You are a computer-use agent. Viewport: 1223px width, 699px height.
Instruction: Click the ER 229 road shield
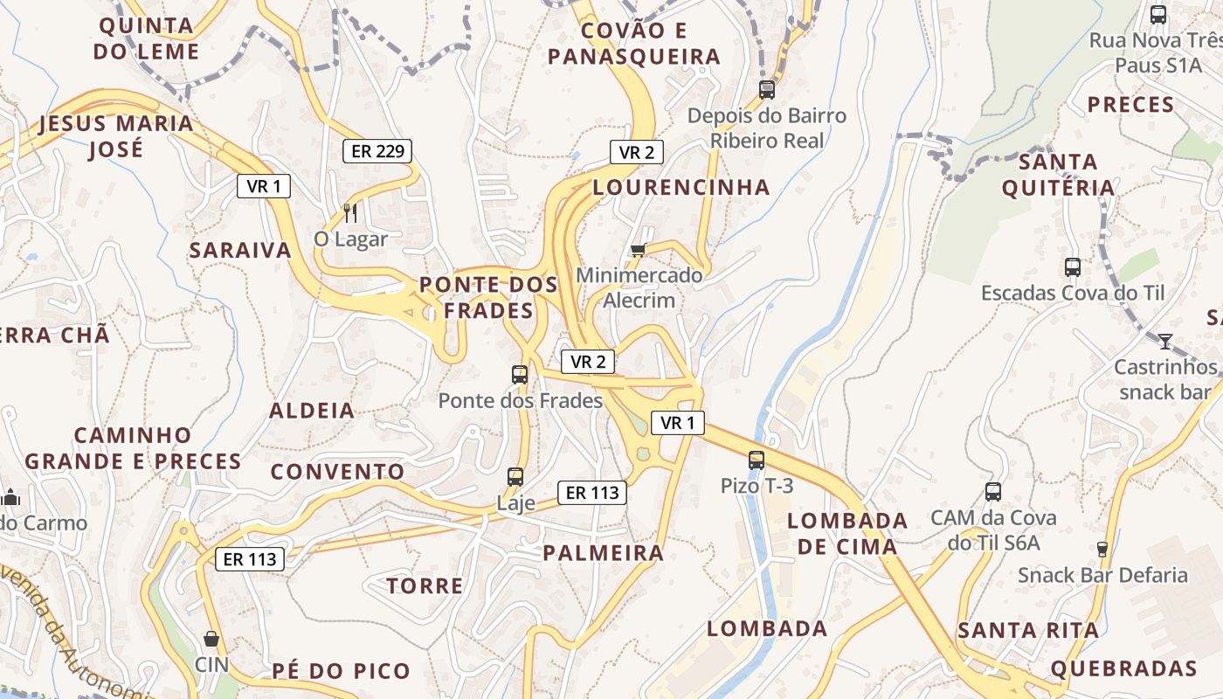[x=377, y=151]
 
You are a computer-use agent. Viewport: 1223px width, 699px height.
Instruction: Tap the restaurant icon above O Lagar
[x=350, y=212]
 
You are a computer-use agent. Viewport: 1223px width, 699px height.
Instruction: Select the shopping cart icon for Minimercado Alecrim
[x=639, y=251]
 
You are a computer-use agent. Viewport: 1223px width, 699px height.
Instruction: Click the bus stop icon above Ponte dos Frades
[x=520, y=375]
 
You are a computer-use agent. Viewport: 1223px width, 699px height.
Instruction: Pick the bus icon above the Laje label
[x=515, y=477]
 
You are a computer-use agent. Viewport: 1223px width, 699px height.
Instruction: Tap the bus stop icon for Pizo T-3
[x=757, y=460]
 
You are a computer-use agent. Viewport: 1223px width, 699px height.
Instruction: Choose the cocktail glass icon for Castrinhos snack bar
[x=1164, y=341]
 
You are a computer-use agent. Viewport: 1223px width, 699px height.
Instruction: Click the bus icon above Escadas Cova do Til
[x=1073, y=267]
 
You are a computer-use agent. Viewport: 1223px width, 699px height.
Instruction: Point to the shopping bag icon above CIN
[x=211, y=639]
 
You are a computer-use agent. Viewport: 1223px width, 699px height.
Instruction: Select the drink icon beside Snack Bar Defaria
[x=1102, y=550]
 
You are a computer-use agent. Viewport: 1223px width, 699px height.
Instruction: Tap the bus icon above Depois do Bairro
[x=767, y=89]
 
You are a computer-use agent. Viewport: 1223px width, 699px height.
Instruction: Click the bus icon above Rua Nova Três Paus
[x=1158, y=15]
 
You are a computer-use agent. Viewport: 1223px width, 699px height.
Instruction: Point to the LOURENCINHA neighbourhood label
[x=681, y=187]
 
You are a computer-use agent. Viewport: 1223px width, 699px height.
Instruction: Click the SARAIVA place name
[x=240, y=251]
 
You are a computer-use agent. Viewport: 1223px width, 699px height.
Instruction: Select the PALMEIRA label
[x=604, y=553]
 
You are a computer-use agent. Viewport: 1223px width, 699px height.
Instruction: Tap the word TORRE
[x=425, y=586]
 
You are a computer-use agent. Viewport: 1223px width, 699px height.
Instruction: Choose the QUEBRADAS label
[x=1123, y=669]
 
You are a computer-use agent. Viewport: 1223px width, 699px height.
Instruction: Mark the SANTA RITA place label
[x=1028, y=631]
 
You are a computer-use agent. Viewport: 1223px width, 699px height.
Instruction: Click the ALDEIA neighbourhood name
[x=312, y=411]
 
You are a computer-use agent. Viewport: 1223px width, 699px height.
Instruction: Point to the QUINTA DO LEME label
[x=147, y=38]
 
